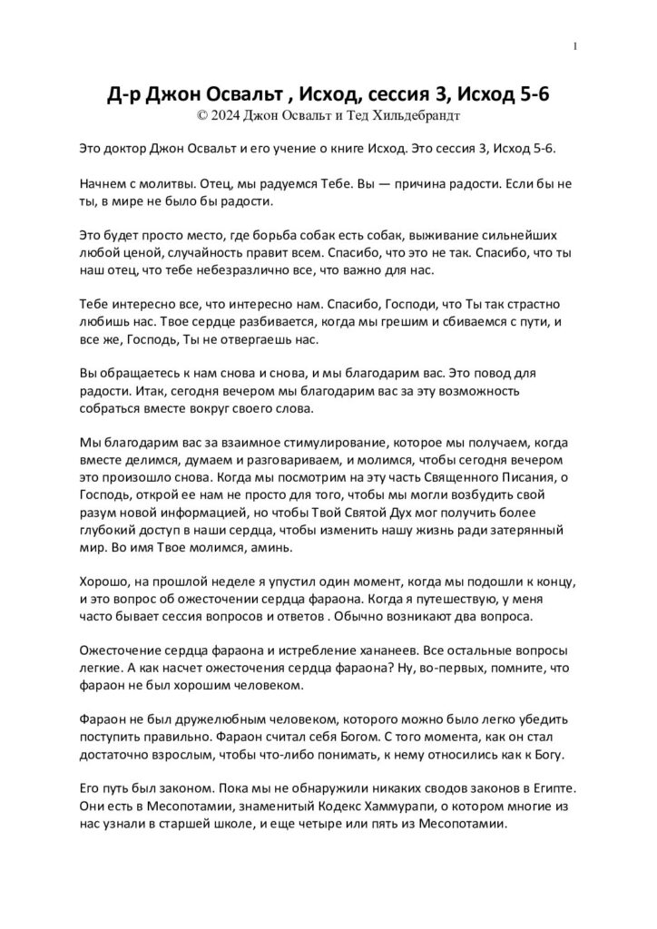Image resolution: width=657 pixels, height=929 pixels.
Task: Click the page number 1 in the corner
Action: point(576,46)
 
